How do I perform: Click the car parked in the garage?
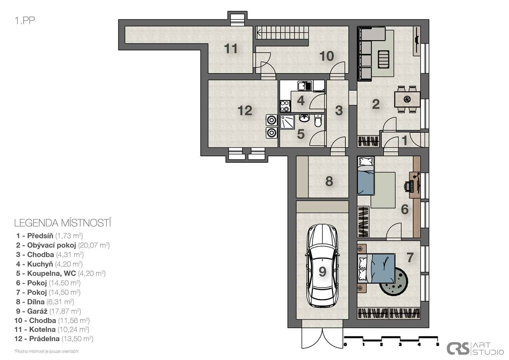(x=323, y=266)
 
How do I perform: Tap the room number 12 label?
(x=245, y=110)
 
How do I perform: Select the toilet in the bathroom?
(x=318, y=121)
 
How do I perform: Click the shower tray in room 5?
(x=288, y=122)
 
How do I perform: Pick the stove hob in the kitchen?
(x=285, y=106)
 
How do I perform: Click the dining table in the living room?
(x=407, y=99)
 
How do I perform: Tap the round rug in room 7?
(x=394, y=282)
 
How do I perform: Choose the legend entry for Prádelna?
(x=54, y=339)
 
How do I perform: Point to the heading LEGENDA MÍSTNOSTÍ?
(x=63, y=223)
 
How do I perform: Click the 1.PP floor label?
(x=25, y=20)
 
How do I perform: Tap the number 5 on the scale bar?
(x=437, y=344)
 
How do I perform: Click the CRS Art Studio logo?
(x=475, y=349)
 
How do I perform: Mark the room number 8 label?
(x=329, y=181)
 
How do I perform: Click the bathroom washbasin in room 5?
(x=304, y=118)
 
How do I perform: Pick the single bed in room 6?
(x=366, y=176)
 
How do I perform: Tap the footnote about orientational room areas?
(x=46, y=351)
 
